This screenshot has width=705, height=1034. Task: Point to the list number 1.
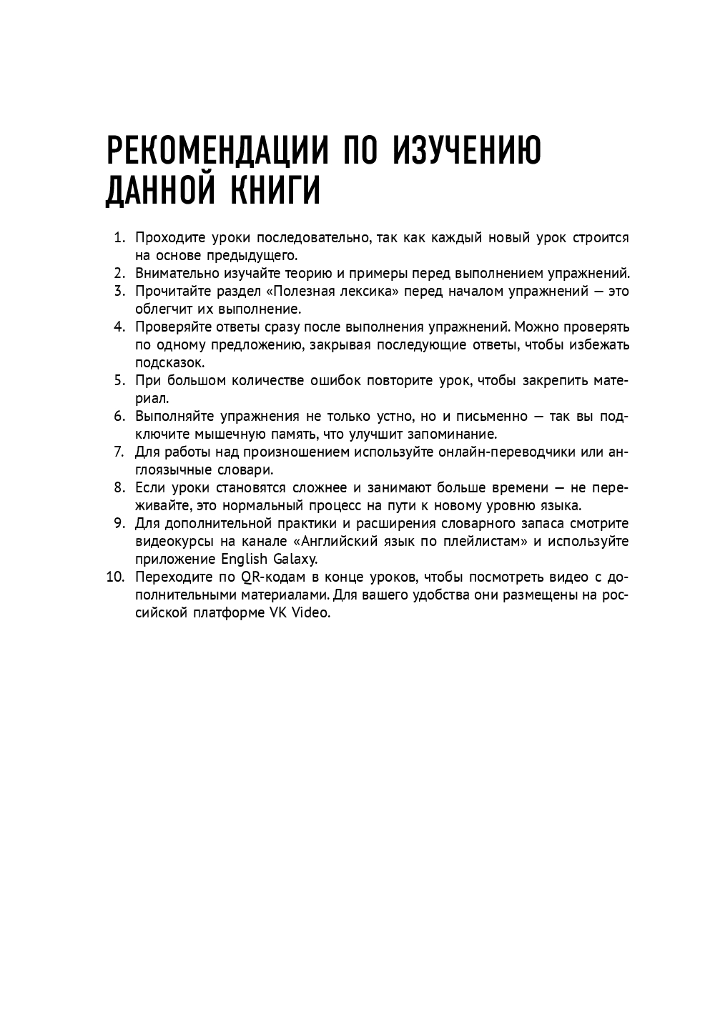point(119,237)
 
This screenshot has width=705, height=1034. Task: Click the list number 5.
point(119,380)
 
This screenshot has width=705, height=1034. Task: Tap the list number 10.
point(115,577)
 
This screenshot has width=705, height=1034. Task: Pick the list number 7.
point(119,452)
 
